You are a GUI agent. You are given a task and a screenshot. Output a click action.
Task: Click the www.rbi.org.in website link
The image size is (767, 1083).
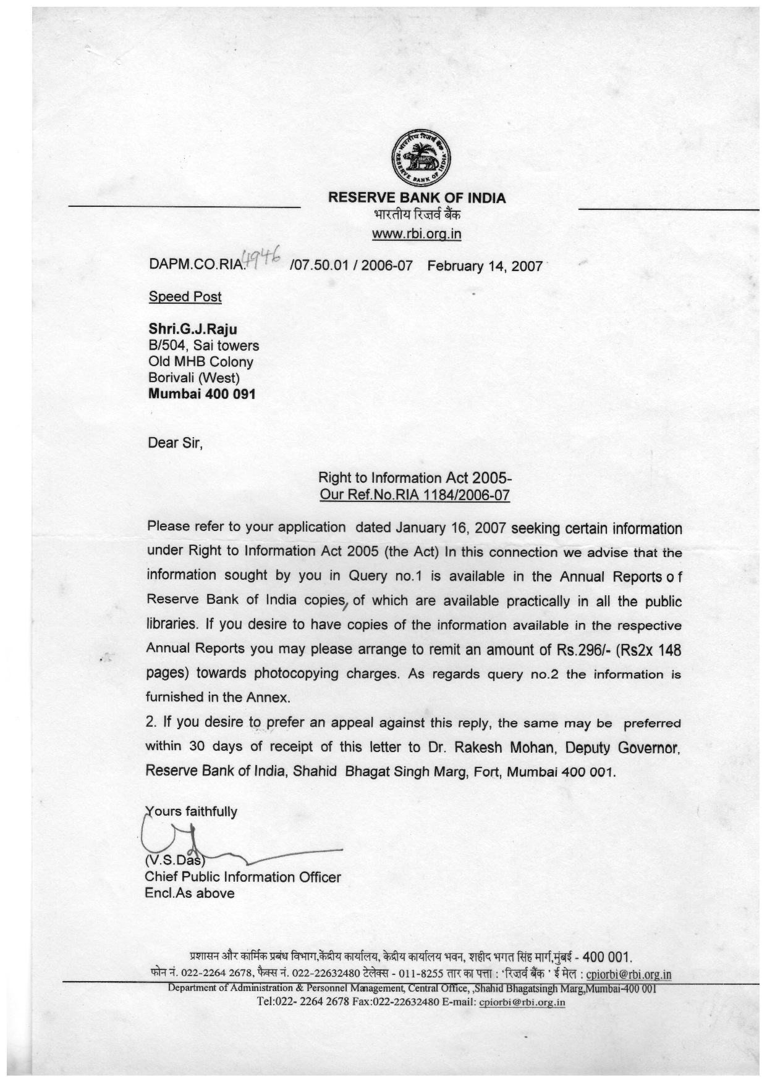(x=417, y=234)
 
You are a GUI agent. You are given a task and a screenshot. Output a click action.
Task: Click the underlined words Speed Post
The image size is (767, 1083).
(x=185, y=296)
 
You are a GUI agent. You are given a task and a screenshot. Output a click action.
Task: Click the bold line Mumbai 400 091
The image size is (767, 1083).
(x=201, y=393)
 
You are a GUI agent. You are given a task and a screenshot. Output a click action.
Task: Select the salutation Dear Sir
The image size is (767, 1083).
(x=175, y=443)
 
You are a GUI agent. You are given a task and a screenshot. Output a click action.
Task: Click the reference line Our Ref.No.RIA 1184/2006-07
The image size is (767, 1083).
(x=414, y=495)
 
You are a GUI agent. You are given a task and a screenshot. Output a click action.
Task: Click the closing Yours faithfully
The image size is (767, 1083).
(x=192, y=811)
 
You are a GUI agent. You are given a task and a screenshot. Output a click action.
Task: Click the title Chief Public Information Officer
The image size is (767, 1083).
(x=243, y=877)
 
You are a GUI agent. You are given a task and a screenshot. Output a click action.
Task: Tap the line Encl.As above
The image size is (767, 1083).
(x=190, y=893)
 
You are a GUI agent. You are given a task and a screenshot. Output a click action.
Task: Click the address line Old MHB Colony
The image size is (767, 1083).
(x=200, y=362)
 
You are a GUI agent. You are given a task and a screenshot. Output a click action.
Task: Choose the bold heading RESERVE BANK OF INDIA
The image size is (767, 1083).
(x=417, y=198)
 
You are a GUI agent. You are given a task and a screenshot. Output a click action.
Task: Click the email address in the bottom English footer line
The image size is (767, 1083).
(x=522, y=1002)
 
